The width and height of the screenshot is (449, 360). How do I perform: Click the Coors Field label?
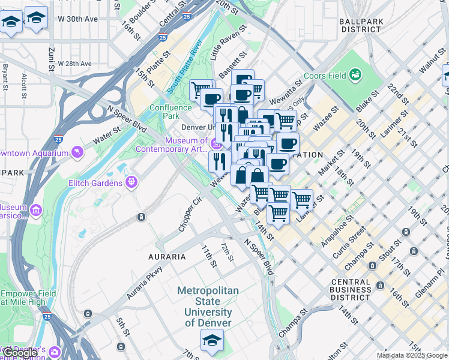coord(325,76)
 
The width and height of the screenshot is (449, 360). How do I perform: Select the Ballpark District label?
coord(360,25)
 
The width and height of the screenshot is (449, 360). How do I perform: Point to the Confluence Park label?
coord(170,112)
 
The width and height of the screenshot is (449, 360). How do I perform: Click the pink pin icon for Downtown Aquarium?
coord(77,152)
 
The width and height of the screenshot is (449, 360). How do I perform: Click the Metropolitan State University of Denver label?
coord(208,307)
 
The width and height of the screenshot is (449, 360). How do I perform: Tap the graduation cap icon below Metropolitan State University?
coord(212,340)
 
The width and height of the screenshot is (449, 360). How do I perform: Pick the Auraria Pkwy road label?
coord(145,283)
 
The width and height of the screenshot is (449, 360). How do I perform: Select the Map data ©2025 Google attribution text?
coord(412,355)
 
